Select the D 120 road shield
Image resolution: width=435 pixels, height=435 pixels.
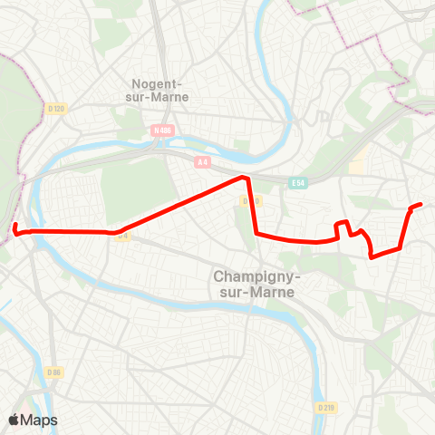click(56, 109)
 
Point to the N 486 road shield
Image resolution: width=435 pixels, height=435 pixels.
click(162, 130)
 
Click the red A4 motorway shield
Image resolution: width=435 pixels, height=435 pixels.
click(203, 162)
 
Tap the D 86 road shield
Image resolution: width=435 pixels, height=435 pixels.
click(55, 372)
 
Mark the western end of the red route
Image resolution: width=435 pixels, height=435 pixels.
click(14, 225)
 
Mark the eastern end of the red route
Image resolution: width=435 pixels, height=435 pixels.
click(420, 205)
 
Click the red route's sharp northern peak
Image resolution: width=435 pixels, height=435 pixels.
click(243, 178)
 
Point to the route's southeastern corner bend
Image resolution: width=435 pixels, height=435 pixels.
click(372, 256)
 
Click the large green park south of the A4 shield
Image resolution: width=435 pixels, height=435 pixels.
click(136, 188)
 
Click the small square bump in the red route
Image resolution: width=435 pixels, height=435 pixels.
click(343, 224)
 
